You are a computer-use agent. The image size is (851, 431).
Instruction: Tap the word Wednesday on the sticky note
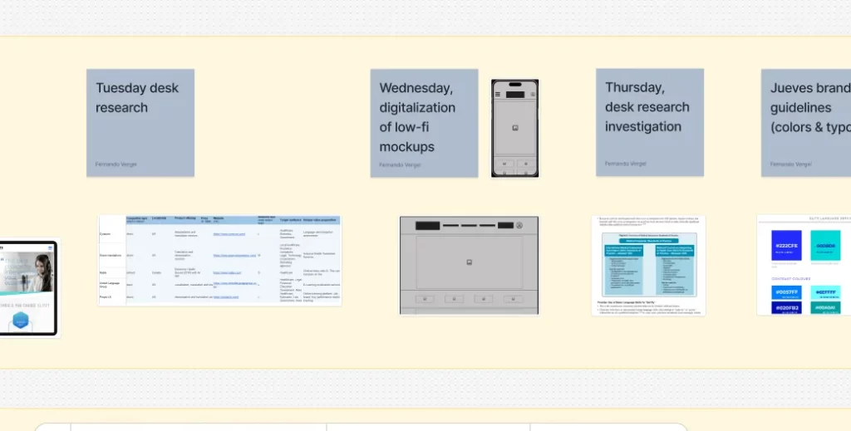(416, 88)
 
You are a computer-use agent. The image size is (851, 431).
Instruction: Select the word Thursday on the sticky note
(634, 87)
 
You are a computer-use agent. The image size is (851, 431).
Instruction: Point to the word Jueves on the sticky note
(791, 88)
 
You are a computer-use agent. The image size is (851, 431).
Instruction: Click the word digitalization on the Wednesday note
(417, 108)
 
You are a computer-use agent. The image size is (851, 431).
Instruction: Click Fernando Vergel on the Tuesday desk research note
(116, 164)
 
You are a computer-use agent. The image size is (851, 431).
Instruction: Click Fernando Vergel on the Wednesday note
(400, 164)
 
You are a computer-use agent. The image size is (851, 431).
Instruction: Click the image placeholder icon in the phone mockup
(515, 127)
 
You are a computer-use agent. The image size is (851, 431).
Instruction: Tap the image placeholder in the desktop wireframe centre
(469, 262)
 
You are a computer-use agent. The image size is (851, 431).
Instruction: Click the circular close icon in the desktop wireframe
(520, 225)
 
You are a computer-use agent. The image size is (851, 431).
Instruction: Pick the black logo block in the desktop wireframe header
(428, 225)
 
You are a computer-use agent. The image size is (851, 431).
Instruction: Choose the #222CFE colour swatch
(787, 247)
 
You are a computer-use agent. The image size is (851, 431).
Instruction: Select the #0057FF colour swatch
(787, 292)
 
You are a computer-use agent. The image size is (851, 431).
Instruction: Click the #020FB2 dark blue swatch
(787, 308)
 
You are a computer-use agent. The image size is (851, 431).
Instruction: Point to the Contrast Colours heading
(790, 279)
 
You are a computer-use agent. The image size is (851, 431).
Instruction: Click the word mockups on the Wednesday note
(407, 147)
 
